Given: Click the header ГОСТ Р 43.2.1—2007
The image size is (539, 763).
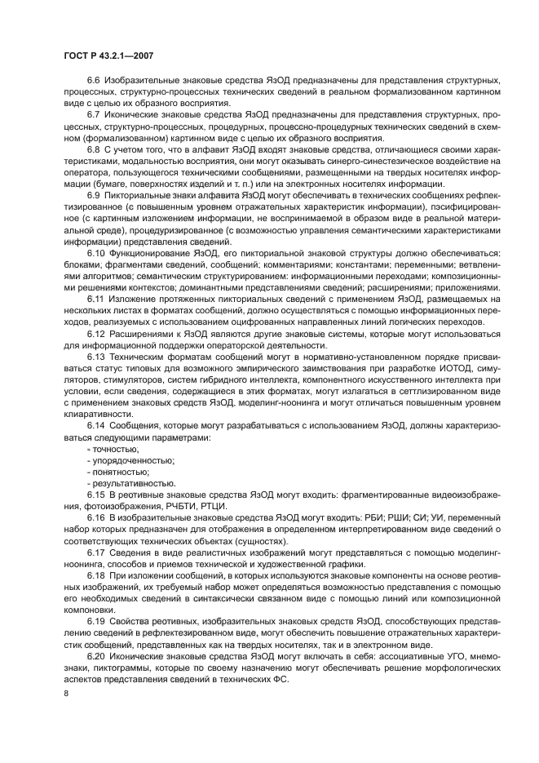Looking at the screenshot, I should point(108,55).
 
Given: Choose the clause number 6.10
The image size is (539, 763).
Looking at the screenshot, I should point(96,254).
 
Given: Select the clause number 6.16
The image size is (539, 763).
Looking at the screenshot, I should point(96,519).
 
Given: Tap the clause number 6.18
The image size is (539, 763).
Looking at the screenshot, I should point(96,575).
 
